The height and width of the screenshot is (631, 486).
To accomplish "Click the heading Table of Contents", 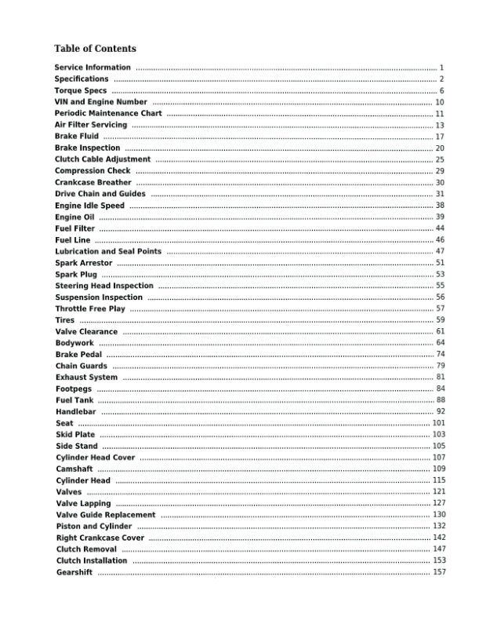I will point(95,49).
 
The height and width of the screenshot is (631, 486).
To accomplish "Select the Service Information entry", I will point(92,67).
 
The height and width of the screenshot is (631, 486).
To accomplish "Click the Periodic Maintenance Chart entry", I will point(108,114).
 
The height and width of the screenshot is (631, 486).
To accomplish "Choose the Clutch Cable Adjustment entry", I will point(103,159).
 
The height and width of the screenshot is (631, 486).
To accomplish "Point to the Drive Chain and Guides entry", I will point(100,194).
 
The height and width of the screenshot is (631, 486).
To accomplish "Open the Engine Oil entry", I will point(74,217).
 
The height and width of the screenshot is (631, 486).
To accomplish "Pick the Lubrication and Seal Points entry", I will point(108,251).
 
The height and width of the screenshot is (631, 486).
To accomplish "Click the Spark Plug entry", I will point(76,274).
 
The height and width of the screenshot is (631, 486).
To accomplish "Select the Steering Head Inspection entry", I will point(104,286).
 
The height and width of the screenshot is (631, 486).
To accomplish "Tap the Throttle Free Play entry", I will point(90,308).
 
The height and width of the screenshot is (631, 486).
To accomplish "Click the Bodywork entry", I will point(74,343).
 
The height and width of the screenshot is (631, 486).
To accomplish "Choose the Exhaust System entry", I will point(86,378).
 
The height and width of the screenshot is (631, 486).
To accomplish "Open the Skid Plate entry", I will point(75,434).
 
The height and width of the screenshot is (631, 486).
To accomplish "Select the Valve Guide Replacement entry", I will point(106,515).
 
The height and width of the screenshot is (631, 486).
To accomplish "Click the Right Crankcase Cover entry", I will point(100,538).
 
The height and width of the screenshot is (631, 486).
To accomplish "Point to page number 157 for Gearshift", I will point(439,572).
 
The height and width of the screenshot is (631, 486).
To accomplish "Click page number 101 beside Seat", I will point(439,423).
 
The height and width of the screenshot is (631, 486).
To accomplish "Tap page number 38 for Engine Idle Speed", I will point(441,205).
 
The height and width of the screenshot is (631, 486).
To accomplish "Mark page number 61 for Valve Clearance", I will point(441,331).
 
